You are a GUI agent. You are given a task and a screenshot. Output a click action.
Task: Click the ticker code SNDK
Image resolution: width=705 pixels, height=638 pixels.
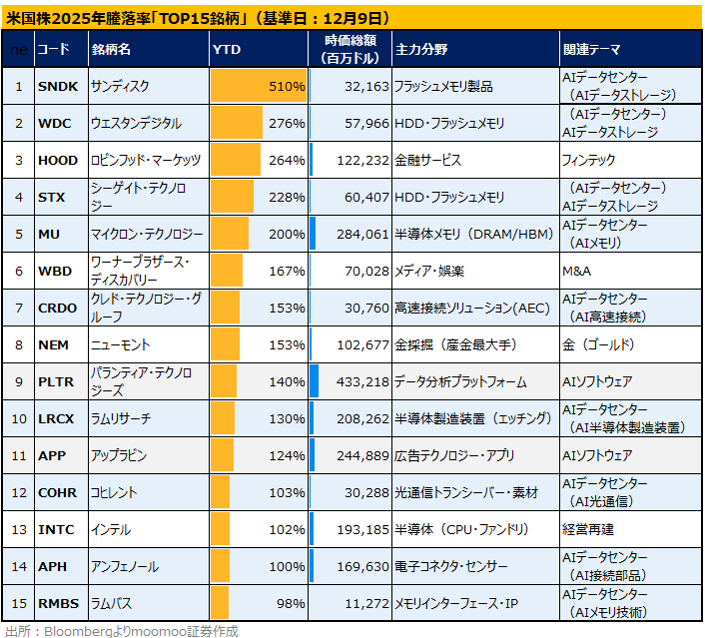pyautogui.click(x=58, y=86)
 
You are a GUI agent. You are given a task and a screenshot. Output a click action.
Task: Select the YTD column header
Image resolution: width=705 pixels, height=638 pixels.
pyautogui.click(x=227, y=50)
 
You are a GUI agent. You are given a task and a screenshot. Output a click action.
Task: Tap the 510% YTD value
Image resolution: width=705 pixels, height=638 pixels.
pyautogui.click(x=287, y=86)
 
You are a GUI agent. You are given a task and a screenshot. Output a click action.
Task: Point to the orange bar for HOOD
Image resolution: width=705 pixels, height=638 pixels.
pyautogui.click(x=236, y=160)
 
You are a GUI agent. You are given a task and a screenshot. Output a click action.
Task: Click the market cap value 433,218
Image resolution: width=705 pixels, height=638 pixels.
pyautogui.click(x=362, y=381)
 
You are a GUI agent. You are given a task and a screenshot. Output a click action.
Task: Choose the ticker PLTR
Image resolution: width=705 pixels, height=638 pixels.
pyautogui.click(x=56, y=381)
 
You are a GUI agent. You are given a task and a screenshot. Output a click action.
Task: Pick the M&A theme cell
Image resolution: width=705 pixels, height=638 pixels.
pyautogui.click(x=576, y=272)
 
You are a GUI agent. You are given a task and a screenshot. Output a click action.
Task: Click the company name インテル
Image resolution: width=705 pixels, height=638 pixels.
pyautogui.click(x=111, y=529)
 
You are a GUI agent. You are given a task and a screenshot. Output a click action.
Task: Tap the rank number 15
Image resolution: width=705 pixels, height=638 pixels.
pyautogui.click(x=19, y=603)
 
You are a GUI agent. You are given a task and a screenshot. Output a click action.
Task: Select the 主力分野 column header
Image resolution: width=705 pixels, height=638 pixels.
pyautogui.click(x=421, y=50)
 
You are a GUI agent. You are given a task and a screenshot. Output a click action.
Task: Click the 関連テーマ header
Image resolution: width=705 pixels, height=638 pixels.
pyautogui.click(x=592, y=50)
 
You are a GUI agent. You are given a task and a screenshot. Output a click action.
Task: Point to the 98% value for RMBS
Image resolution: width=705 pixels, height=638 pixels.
pyautogui.click(x=291, y=603)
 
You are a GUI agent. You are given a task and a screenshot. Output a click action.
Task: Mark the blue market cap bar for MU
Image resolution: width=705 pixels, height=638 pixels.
pyautogui.click(x=313, y=234)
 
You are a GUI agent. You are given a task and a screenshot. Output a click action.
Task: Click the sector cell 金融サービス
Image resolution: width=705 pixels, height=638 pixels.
pyautogui.click(x=427, y=160)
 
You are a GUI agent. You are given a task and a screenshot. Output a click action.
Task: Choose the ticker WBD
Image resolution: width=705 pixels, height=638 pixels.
pyautogui.click(x=55, y=272)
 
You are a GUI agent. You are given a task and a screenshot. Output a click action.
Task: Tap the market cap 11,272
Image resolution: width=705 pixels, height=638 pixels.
pyautogui.click(x=366, y=603)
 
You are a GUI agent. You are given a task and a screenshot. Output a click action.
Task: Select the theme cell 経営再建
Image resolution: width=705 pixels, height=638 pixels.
pyautogui.click(x=587, y=529)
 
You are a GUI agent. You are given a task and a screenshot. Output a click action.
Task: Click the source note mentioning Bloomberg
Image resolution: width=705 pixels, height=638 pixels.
pyautogui.click(x=122, y=631)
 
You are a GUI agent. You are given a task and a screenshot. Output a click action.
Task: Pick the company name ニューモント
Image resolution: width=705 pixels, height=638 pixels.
pyautogui.click(x=120, y=344)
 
